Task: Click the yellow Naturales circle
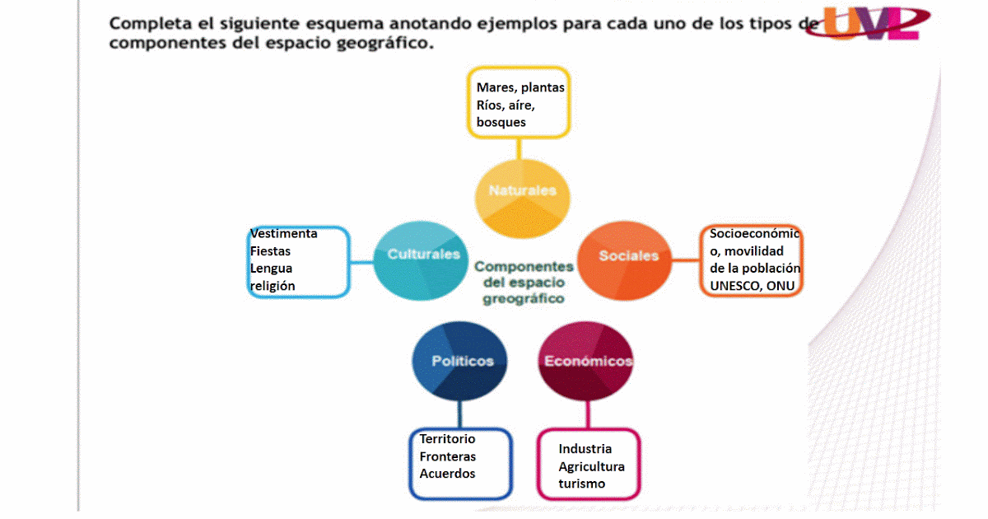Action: pos(522,191)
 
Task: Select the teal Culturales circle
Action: pos(423,255)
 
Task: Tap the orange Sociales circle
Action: pos(628,255)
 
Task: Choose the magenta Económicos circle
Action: pos(588,361)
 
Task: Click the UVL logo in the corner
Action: pos(877,23)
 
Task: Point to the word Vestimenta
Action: pos(283,234)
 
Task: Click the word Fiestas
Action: pos(270,251)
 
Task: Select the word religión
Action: pos(273,286)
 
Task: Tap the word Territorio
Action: pos(447,439)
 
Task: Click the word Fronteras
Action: pos(447,456)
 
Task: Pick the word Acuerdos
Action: pos(447,474)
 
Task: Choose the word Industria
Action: pos(585,449)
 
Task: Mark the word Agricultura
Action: pos(591,466)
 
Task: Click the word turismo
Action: pos(581,484)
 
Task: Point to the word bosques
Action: pos(501,123)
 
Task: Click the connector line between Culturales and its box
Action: pos(361,262)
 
